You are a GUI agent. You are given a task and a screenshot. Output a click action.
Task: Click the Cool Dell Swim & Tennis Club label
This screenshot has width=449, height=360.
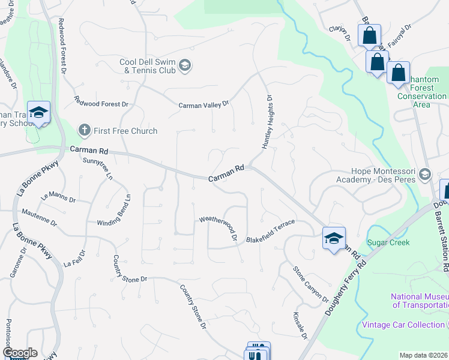click(147, 66)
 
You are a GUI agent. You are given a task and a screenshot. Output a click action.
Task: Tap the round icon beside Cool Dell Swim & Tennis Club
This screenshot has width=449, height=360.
click(185, 65)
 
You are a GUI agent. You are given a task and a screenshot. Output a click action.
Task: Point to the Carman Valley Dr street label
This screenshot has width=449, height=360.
click(204, 104)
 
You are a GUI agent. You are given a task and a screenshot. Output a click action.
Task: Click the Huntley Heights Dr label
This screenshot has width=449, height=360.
click(267, 122)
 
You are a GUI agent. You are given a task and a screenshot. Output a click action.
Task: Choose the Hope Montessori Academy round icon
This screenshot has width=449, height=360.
click(425, 174)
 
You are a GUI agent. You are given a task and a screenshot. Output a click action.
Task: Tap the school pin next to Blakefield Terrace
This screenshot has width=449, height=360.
click(334, 238)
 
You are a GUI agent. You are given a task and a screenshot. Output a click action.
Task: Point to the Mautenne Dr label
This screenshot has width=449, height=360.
click(39, 217)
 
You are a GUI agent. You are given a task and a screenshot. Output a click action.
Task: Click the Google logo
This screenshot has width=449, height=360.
click(19, 353)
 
